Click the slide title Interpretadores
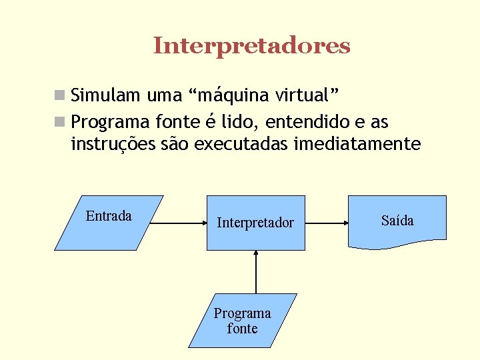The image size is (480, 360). pyautogui.click(x=251, y=46)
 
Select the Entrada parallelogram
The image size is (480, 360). pyautogui.click(x=109, y=223)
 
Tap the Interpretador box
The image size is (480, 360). pyautogui.click(x=255, y=223)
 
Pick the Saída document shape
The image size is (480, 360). pyautogui.click(x=398, y=221)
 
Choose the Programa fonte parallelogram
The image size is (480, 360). pyautogui.click(x=242, y=321)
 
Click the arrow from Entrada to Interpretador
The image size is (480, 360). pyautogui.click(x=177, y=223)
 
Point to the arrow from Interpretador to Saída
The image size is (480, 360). pyautogui.click(x=327, y=223)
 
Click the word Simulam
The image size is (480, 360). pyautogui.click(x=107, y=95)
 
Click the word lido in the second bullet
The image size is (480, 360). pyautogui.click(x=238, y=123)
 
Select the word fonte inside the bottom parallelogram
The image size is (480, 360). pyautogui.click(x=242, y=329)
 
